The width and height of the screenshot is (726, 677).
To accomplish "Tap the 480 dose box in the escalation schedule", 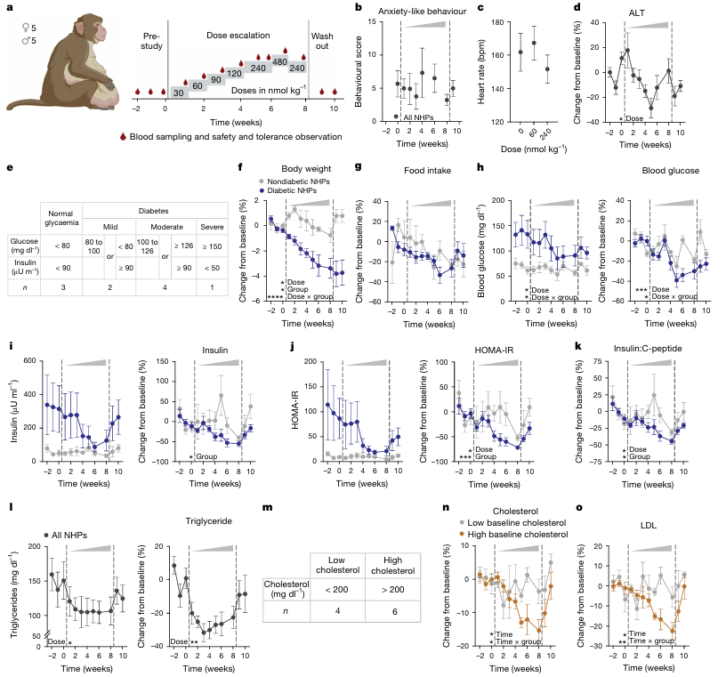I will tap(278, 61).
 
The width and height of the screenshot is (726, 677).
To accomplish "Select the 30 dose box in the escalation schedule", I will tap(178, 93).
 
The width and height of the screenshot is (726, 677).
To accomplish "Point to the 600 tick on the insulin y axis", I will tap(26, 359).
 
